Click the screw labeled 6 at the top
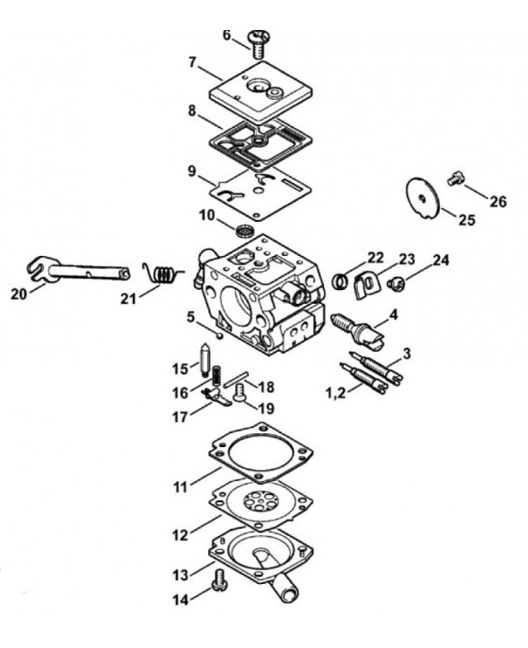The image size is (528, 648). [258, 43]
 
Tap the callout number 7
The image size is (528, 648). [193, 63]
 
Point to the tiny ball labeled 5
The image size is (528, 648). [219, 335]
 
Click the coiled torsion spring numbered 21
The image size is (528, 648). [162, 274]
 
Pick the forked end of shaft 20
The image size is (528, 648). [37, 270]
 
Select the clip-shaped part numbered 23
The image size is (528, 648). [366, 285]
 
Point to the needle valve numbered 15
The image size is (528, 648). [205, 360]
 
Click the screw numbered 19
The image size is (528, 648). [239, 391]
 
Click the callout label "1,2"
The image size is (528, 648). [335, 393]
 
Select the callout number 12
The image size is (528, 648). [180, 535]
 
